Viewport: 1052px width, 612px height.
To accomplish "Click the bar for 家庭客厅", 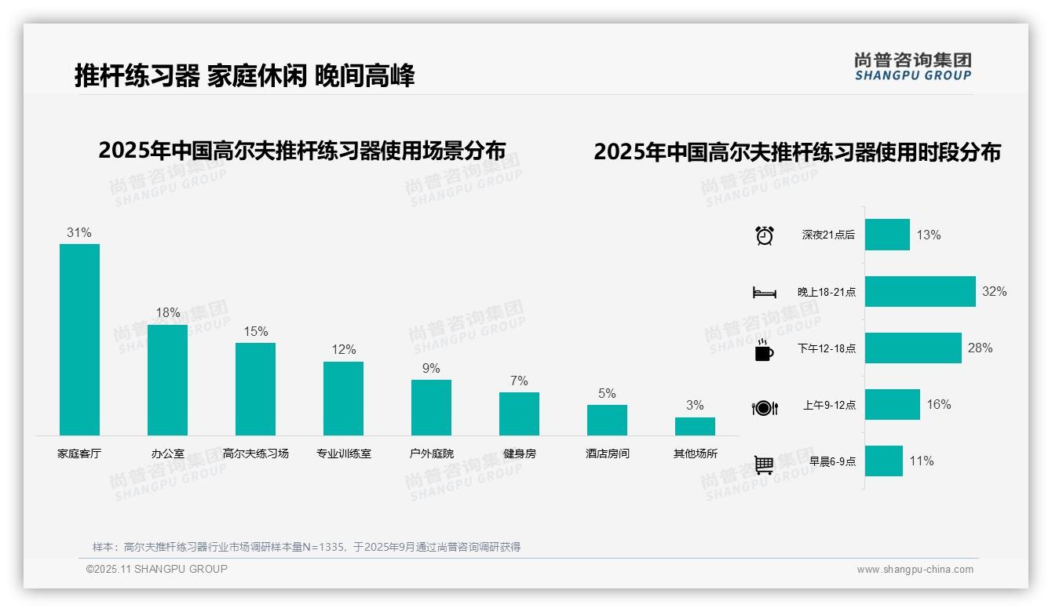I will pos(79,339).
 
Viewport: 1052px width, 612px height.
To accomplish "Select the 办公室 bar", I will pos(167,380).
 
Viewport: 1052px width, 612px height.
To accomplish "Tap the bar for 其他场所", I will pos(695,426).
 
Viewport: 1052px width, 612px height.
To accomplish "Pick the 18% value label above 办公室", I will pos(167,312).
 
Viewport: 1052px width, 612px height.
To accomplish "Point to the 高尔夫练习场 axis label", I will pos(255,454).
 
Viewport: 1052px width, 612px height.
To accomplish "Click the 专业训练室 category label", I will pos(343,454).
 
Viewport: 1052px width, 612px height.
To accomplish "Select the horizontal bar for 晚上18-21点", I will pos(920,291).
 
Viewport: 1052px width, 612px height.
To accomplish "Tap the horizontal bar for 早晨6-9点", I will pos(883,461).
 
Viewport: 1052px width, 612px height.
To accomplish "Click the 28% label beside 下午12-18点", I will pos(980,348).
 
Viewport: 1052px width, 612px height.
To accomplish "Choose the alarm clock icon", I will pos(764,235).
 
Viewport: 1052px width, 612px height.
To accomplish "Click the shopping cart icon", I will pos(764,464).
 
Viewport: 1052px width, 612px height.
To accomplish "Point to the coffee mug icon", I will pos(764,351).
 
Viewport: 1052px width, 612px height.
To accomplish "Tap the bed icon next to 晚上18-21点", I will pos(764,293).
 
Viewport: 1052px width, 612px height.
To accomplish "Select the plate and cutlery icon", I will pos(764,407).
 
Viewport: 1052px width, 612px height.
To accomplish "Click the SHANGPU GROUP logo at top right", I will pos(912,67).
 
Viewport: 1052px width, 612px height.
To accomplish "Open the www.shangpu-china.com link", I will pos(915,570).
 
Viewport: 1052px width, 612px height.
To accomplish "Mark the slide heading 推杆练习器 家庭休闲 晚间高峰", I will pos(244,76).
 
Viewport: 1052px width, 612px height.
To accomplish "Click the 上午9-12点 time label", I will pos(829,405).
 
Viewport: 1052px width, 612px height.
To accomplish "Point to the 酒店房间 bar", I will pos(607,420).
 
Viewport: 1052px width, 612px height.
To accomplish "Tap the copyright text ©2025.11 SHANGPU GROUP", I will pos(157,569).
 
